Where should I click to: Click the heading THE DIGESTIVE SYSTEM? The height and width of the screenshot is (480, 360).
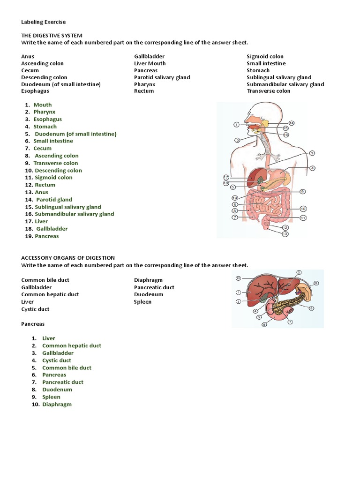(x=52, y=35)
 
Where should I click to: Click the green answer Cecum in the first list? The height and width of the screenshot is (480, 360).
(x=42, y=148)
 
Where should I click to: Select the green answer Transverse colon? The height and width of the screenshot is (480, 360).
(x=56, y=163)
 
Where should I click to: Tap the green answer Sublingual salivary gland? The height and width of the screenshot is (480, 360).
(x=67, y=207)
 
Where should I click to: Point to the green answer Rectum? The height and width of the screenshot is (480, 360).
(x=45, y=185)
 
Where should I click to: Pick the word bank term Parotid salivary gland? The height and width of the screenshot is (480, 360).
(x=162, y=77)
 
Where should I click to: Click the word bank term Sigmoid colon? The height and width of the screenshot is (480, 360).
(x=265, y=56)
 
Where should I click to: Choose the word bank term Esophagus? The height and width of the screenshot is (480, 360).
(x=35, y=91)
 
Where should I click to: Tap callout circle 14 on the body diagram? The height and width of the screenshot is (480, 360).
(x=291, y=123)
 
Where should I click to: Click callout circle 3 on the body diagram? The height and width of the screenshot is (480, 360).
(x=312, y=153)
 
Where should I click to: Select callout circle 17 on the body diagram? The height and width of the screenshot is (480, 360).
(x=226, y=177)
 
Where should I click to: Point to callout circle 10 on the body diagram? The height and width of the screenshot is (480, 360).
(x=303, y=209)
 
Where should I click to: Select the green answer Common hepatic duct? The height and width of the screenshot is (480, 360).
(x=72, y=345)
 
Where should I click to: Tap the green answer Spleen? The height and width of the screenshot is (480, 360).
(x=51, y=397)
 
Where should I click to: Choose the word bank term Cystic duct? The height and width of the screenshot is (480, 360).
(x=35, y=309)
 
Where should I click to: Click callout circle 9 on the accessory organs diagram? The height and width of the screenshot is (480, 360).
(x=316, y=283)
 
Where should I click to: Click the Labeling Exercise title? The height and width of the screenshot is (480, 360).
(x=44, y=22)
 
